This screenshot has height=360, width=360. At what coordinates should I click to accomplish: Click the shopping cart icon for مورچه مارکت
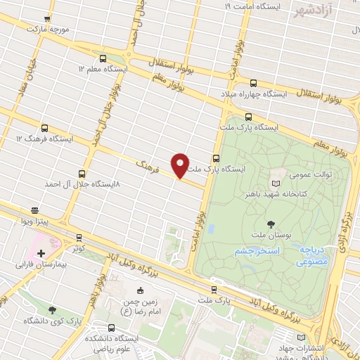click(47, 19)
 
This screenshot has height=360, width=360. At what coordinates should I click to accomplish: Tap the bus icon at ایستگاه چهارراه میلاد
click(228, 94)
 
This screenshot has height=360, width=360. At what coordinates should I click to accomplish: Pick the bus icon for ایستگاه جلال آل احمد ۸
click(82, 173)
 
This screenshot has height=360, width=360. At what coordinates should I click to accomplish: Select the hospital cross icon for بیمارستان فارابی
click(41, 253)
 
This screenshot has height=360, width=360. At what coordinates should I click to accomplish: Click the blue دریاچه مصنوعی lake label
click(310, 255)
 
